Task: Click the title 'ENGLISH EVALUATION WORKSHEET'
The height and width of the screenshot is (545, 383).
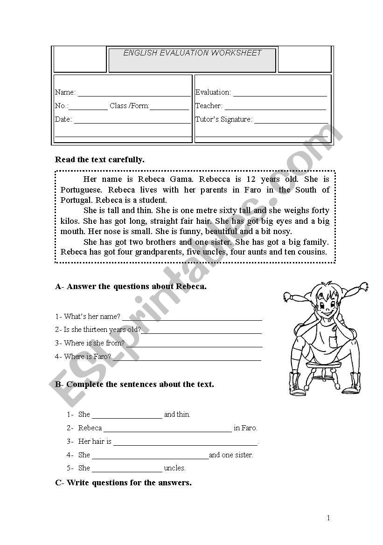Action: click(192, 53)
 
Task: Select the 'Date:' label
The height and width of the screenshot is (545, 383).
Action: click(63, 119)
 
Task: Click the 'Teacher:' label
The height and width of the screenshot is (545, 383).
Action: click(209, 106)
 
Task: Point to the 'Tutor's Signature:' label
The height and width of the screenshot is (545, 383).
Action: click(223, 119)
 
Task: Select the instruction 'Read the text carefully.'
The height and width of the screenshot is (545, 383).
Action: click(100, 159)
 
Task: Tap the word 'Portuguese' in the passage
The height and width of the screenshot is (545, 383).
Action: click(82, 190)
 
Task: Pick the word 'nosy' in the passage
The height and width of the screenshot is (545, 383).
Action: click(283, 231)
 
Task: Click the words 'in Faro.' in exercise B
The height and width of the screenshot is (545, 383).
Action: click(245, 428)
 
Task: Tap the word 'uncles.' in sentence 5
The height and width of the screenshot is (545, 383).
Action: click(175, 468)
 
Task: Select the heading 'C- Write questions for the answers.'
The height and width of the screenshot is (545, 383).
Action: click(123, 483)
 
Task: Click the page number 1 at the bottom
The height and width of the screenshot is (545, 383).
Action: click(328, 518)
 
